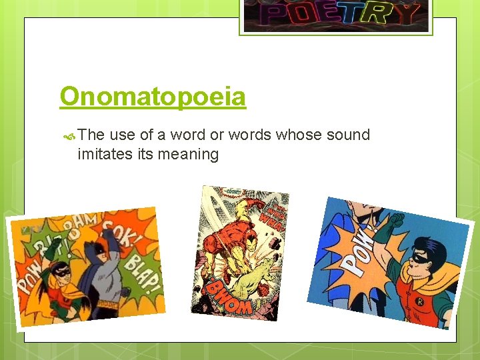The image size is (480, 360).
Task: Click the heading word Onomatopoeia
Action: (x=153, y=97)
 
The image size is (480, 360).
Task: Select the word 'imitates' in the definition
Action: (x=105, y=155)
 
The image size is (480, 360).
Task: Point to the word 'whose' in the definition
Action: (x=298, y=135)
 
